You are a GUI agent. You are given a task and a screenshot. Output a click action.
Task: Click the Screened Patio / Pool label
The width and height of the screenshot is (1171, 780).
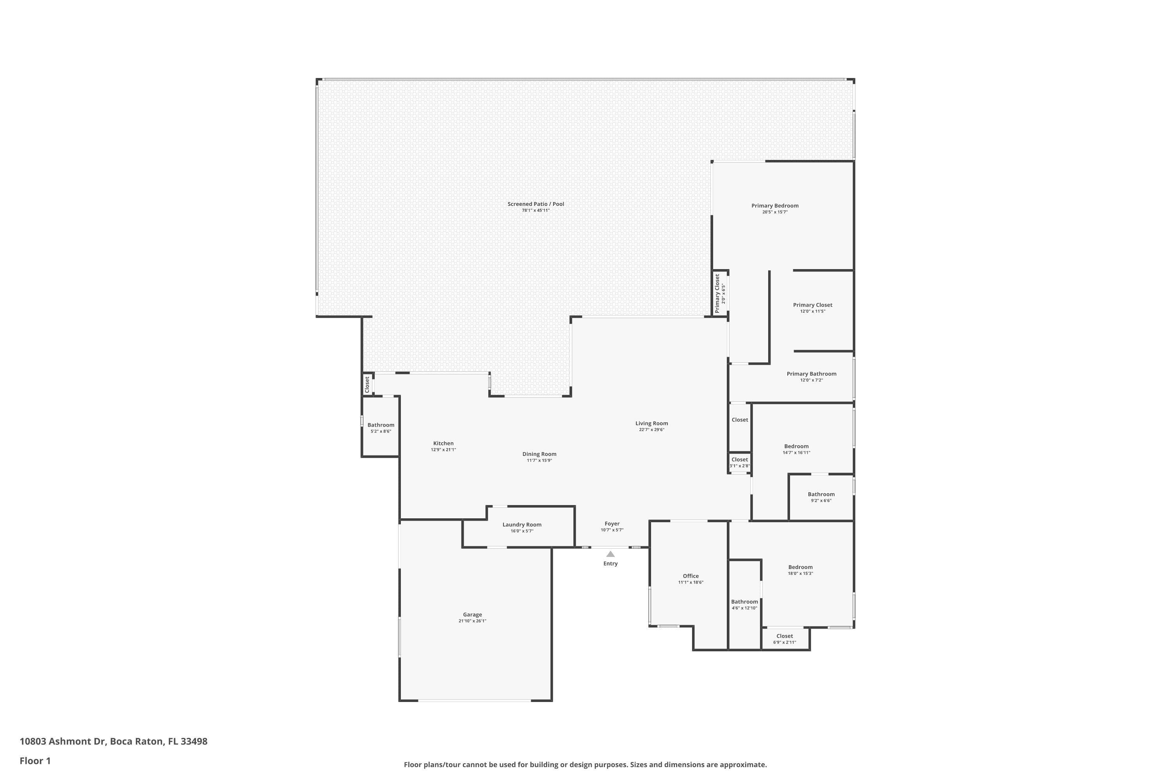click(x=536, y=204)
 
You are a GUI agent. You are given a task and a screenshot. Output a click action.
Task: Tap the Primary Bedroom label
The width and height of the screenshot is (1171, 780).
click(x=775, y=206)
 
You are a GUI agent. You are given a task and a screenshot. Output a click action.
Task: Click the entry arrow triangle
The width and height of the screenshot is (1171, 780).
click(x=610, y=554)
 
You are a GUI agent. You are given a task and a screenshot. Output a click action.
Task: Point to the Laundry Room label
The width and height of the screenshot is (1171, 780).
click(x=522, y=524)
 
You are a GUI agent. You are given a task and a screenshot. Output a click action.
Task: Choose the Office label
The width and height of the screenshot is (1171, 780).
click(x=690, y=576)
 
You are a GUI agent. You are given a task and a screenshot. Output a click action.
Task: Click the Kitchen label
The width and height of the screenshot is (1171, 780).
click(x=443, y=443)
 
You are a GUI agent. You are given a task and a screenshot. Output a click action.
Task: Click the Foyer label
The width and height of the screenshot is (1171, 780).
click(x=612, y=524)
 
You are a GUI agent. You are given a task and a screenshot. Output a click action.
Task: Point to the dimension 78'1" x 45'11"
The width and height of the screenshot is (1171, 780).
click(x=536, y=211)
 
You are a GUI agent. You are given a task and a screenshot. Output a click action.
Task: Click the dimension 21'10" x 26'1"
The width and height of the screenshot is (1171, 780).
click(x=472, y=621)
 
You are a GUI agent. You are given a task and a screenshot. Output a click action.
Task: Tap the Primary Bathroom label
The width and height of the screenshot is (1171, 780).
click(x=812, y=374)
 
